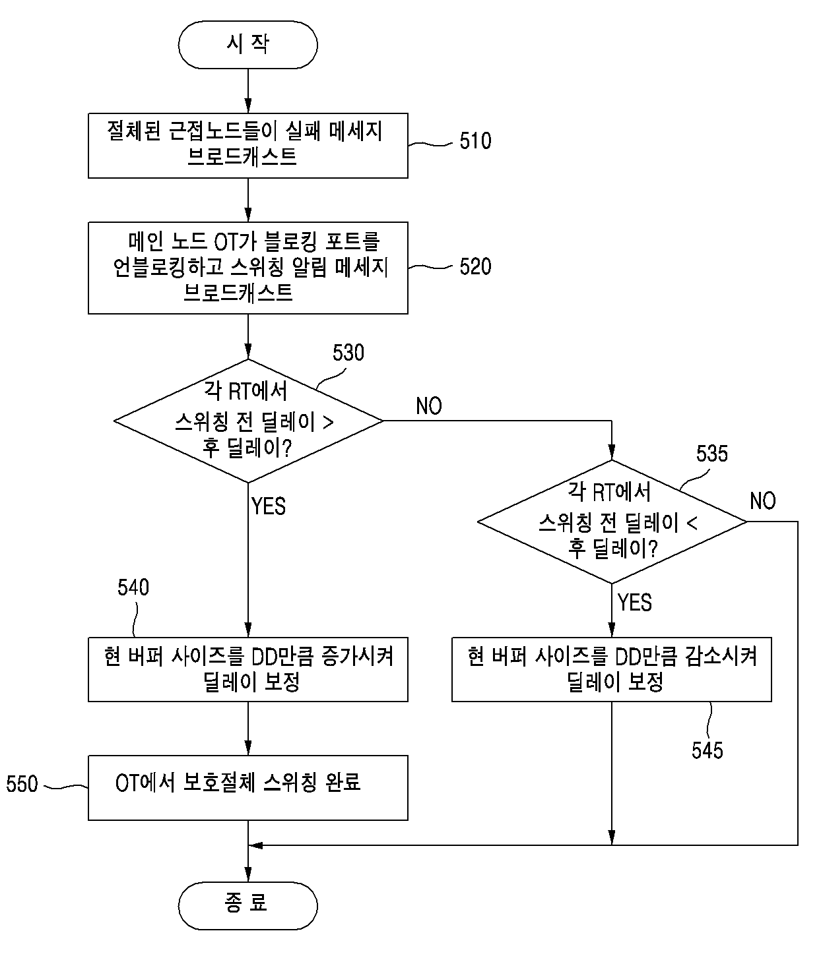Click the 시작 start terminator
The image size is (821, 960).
click(247, 45)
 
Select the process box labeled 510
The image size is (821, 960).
click(247, 145)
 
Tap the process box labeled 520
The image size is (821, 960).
click(247, 268)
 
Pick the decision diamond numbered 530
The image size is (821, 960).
click(248, 420)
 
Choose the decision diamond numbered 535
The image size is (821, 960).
click(612, 521)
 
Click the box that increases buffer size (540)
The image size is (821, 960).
click(247, 669)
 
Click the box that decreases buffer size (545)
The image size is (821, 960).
click(611, 669)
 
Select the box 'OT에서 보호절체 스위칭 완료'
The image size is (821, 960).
click(247, 787)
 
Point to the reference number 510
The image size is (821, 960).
click(475, 140)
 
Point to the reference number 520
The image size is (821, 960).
click(475, 266)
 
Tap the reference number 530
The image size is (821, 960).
click(348, 353)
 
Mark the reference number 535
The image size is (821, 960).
click(711, 453)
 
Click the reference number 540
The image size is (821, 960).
click(133, 587)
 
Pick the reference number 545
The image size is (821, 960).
click(707, 750)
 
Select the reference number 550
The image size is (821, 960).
click(22, 784)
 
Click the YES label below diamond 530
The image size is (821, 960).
click(268, 506)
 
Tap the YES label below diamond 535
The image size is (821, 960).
click(635, 603)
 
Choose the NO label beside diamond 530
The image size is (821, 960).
click(428, 406)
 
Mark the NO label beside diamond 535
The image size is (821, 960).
click(762, 501)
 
